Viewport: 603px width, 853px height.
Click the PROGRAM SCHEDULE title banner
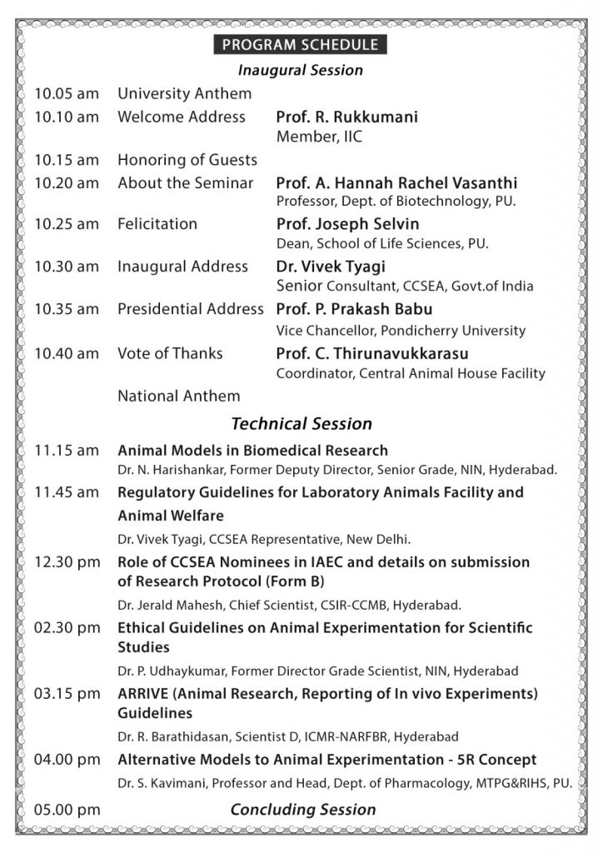pos(300,45)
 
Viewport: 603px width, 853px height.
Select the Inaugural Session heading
pos(300,70)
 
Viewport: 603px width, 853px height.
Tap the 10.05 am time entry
pos(67,94)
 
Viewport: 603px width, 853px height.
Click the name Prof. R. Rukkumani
pos(347,117)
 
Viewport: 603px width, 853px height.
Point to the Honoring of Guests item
pos(187,160)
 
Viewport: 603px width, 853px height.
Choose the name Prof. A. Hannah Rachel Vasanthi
pos(396,183)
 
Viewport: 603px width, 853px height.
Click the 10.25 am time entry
pos(67,224)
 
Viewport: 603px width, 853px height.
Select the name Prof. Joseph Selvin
pos(347,224)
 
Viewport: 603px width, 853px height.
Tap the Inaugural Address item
pos(182,267)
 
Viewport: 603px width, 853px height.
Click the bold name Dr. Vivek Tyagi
pos(331,267)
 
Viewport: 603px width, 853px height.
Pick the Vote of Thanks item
pos(170,353)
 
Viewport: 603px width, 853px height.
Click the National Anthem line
pos(178,396)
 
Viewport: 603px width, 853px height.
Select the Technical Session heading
pos(301,424)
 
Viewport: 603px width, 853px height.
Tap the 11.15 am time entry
pos(67,451)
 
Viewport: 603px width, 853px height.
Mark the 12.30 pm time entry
pos(67,562)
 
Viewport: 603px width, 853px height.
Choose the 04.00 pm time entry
pos(67,760)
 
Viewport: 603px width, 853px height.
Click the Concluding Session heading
pos(303,809)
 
